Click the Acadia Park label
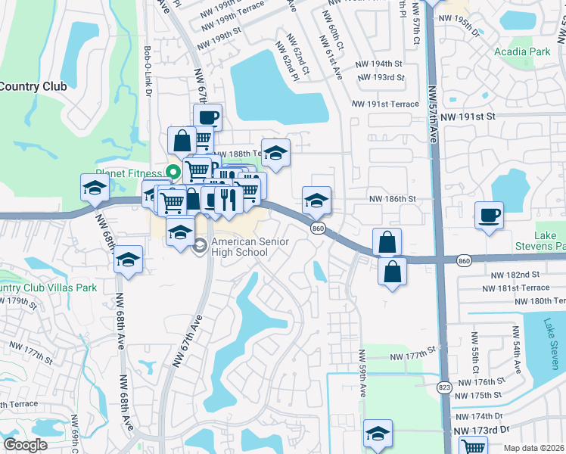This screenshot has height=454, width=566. tap(521, 52)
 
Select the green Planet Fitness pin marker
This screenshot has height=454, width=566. tap(173, 172)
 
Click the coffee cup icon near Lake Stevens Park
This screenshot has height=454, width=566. tap(490, 215)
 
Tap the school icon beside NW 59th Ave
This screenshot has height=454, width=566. tap(378, 434)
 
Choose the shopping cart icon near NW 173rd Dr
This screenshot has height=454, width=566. tap(473, 446)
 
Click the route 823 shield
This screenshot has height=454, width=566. tap(445, 387)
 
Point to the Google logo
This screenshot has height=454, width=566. tap(25, 445)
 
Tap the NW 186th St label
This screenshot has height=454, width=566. tap(393, 198)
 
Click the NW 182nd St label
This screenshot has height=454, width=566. tap(515, 275)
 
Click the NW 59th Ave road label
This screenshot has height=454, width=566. tap(363, 375)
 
